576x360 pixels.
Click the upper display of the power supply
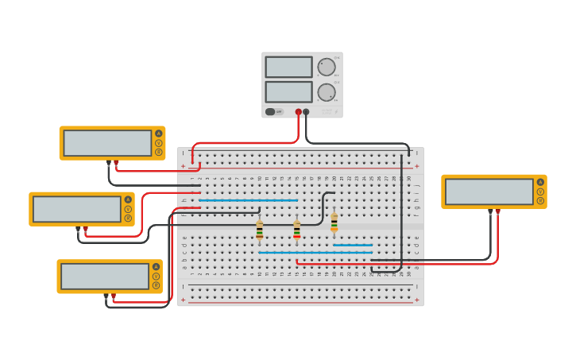tap(288, 67)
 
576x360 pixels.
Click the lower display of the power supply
tap(288, 91)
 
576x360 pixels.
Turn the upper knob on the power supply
tap(327, 67)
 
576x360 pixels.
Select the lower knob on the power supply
tap(327, 92)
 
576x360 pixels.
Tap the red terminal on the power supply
tap(299, 112)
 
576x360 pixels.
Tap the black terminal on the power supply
tap(306, 112)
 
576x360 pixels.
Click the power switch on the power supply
tap(271, 112)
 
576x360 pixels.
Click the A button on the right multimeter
tap(541, 182)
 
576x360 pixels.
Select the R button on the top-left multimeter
tap(159, 152)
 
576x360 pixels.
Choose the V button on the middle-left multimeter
tap(128, 209)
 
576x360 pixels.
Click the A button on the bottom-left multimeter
tap(156, 267)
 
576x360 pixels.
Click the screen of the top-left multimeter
tap(107, 143)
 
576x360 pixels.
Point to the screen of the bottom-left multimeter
tap(105, 277)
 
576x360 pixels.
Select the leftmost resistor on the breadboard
tap(259, 230)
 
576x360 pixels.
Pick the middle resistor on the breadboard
tap(296, 230)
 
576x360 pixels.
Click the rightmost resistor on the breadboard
tap(334, 223)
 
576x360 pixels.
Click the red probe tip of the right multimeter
tap(497, 212)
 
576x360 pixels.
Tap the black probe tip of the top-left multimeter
tap(109, 163)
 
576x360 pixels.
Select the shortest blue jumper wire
tap(353, 245)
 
